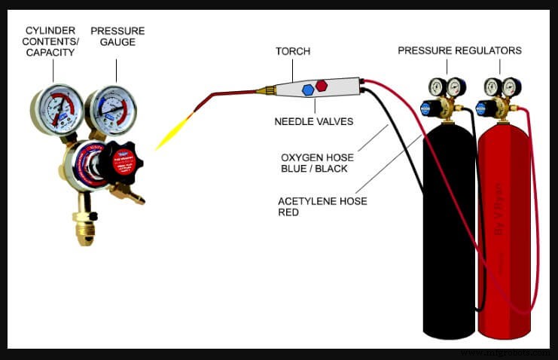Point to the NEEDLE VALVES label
(315, 120)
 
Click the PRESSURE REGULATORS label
(459, 50)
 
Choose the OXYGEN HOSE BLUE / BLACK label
(315, 163)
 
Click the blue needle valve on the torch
(308, 90)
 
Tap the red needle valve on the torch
(322, 85)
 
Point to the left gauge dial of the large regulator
(56, 109)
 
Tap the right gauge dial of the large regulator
(111, 111)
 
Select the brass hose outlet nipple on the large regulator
(135, 197)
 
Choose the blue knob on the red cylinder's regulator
(483, 108)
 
